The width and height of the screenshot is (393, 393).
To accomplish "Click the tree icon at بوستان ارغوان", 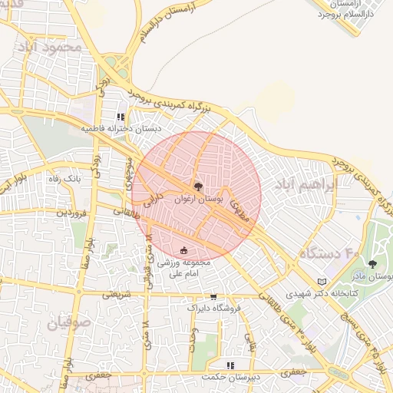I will tap(197, 187).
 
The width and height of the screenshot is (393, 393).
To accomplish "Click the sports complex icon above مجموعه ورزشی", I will tap(183, 250).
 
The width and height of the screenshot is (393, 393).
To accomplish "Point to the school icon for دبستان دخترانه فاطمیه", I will tap(121, 117).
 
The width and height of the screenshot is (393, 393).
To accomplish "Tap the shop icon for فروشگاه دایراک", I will tap(213, 296).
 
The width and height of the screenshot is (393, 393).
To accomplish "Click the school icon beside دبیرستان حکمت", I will tap(230, 365).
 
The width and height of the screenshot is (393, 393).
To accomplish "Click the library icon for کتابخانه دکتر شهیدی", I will tap(321, 282).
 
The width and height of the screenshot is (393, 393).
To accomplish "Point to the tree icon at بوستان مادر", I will tap(372, 264).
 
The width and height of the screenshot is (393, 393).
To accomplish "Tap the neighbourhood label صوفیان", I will tap(69, 323).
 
